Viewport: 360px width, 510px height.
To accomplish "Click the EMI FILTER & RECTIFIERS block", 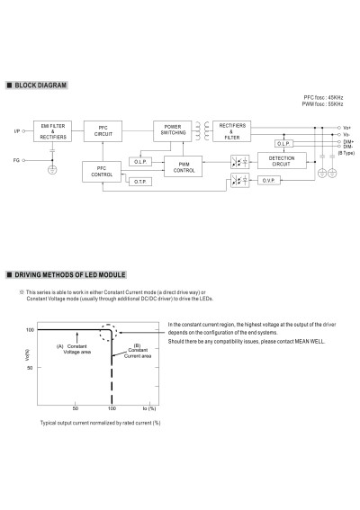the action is tap(52, 131).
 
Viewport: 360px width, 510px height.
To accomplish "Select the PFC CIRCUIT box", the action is tap(103, 131).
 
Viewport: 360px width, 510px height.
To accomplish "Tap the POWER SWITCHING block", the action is tap(173, 131).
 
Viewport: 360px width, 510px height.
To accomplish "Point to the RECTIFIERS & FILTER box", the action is tap(232, 131).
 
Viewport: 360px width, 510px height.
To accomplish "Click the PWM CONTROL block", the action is tap(184, 166).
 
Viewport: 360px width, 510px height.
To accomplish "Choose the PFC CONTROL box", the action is tap(102, 172).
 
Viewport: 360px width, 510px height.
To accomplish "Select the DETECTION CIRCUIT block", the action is tap(282, 161).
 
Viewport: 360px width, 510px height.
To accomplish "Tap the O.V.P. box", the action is tap(269, 181).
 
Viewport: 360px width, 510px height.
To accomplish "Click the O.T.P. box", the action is tap(140, 182).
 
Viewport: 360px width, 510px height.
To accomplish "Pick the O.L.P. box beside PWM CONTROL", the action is tap(140, 162).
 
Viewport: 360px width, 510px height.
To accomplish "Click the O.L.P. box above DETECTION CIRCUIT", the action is tap(283, 143).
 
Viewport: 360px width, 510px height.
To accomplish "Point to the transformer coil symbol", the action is tap(202, 131).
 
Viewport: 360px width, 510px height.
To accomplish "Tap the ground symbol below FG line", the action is tap(52, 170).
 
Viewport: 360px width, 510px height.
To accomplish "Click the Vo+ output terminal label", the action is tap(347, 128).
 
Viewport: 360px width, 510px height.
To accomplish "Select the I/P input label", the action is tap(17, 131).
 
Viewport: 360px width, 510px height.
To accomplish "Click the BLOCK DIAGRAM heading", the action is tap(40, 85).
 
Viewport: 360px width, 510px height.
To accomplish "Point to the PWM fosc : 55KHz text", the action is tap(322, 104).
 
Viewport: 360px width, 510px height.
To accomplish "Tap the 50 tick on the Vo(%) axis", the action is tap(30, 368).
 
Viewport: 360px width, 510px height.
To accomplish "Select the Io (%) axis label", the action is tap(149, 408).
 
